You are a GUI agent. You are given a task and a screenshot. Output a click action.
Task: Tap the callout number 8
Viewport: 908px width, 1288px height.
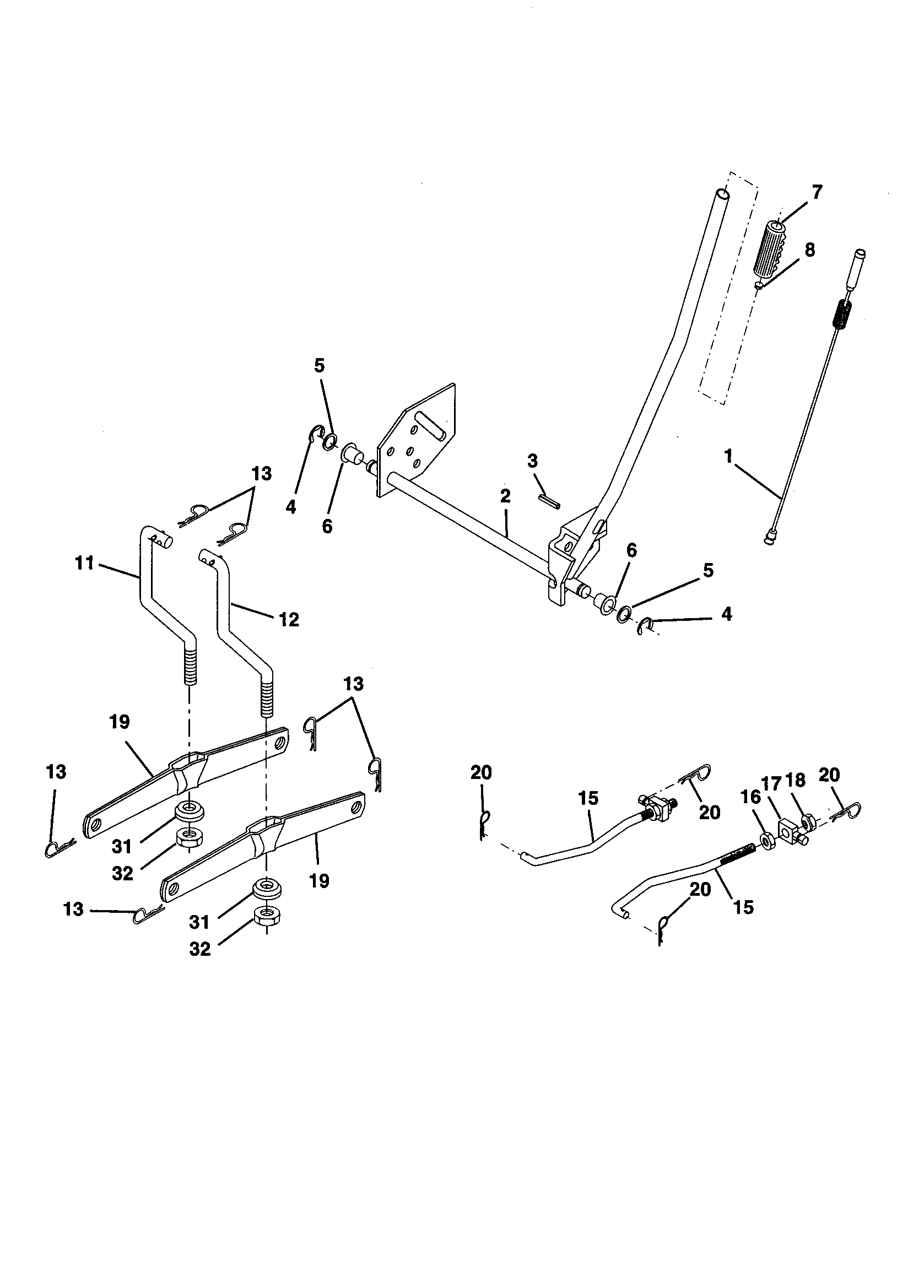[809, 250]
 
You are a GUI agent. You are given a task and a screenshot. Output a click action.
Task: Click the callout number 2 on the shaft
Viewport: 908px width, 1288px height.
[505, 496]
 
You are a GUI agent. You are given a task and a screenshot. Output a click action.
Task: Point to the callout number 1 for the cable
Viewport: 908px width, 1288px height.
[728, 457]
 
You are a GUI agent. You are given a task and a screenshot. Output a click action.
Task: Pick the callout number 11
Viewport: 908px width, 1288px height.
[84, 562]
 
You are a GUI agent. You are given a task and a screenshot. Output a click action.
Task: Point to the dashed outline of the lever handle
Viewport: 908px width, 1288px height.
[729, 292]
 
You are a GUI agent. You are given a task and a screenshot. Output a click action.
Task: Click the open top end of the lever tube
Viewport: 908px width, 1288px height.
[723, 195]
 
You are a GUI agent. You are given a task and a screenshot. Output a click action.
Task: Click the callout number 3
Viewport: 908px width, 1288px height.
[532, 462]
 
